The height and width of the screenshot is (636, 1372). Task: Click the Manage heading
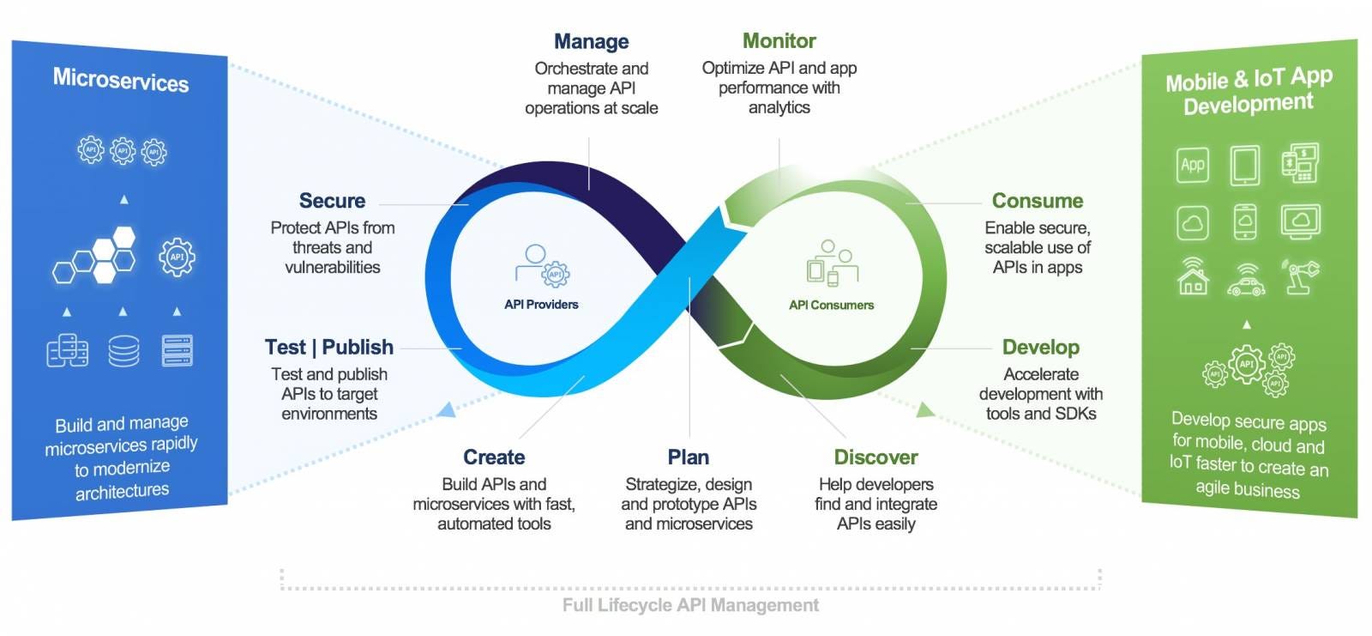(591, 41)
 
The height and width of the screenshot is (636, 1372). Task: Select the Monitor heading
(779, 40)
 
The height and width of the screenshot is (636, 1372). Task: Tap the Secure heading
(332, 201)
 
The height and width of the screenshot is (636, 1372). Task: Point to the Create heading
(494, 457)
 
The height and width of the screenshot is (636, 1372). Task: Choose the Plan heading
(689, 457)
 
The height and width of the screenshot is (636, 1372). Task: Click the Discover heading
(876, 457)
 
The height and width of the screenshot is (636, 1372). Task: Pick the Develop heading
(1040, 347)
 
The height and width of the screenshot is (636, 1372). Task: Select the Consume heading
(1037, 201)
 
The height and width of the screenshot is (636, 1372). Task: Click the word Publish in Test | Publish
(358, 347)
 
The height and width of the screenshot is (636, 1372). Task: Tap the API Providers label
(541, 305)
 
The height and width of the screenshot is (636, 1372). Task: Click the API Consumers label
(831, 305)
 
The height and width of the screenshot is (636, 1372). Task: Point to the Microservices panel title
(121, 80)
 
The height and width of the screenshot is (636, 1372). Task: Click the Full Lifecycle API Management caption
(690, 605)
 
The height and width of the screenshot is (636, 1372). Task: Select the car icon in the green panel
(1246, 279)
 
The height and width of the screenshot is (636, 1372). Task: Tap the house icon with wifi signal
(1193, 276)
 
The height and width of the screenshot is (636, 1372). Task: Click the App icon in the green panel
(1193, 165)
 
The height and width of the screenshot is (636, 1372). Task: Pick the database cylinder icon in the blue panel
(123, 350)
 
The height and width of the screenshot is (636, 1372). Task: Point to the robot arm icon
(1300, 276)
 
